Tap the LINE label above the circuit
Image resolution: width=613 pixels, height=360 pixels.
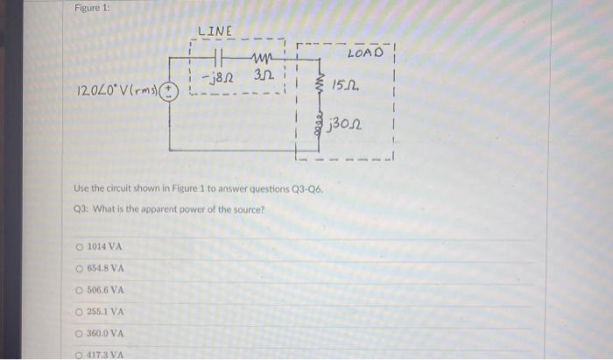click(x=215, y=31)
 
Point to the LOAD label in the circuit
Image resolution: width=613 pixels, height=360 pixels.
click(x=364, y=53)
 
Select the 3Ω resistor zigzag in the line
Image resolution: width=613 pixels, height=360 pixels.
click(x=261, y=60)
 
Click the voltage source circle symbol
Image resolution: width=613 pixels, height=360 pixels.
click(x=172, y=90)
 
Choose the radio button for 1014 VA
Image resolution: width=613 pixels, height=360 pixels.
click(x=80, y=248)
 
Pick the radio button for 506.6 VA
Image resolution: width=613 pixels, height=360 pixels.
click(x=80, y=290)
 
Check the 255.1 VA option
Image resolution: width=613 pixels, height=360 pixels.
click(x=80, y=311)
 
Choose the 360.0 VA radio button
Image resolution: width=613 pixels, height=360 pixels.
click(x=80, y=333)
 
